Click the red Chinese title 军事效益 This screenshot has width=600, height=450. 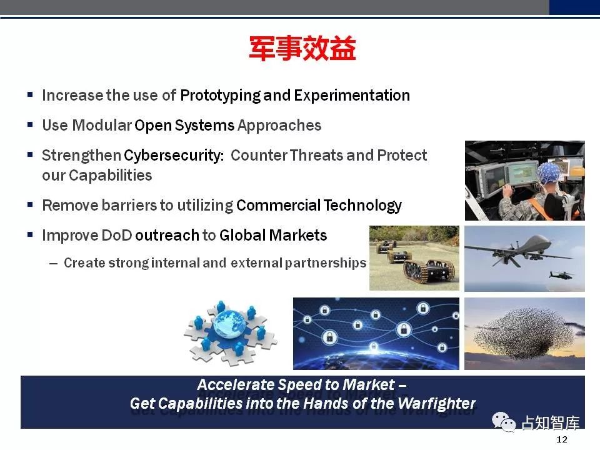point(302,48)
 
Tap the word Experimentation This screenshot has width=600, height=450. point(352,96)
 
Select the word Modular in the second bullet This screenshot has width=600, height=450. point(102,125)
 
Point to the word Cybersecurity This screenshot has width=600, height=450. point(174,156)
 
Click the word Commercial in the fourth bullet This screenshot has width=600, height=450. point(278,205)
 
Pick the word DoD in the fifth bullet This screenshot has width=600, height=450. point(117,235)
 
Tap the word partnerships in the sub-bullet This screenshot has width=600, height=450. point(326,263)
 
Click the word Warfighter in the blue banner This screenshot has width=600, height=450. point(437,404)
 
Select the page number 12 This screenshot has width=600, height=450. point(562,439)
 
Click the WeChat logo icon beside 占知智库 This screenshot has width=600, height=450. point(504,422)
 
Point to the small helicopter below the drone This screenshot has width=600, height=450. point(562,274)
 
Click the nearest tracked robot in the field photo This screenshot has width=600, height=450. point(429,271)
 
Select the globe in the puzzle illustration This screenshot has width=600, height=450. point(229,324)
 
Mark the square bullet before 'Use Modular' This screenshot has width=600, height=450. point(30,125)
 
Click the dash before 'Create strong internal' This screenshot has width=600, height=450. point(54,263)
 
